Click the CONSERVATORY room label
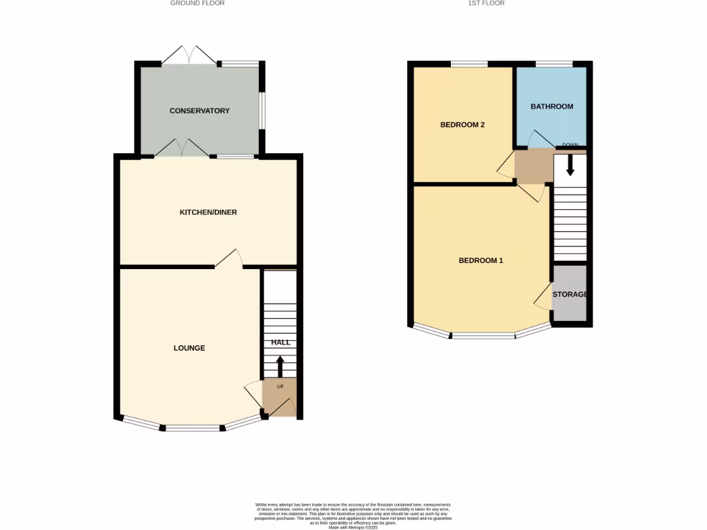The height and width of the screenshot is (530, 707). point(200,110)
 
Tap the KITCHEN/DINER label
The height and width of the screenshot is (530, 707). point(208,212)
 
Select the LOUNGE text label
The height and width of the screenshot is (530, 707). point(189,348)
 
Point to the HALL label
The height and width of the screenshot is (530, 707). point(280,342)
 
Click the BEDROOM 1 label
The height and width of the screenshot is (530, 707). point(481,260)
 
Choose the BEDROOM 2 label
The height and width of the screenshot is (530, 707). point(463,125)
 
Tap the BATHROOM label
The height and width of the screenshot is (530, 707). point(552,106)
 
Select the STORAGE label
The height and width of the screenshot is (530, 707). point(570,294)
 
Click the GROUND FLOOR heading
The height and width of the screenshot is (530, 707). point(197,3)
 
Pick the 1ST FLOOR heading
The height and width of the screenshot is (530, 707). point(487,3)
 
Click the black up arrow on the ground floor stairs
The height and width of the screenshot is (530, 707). point(280,366)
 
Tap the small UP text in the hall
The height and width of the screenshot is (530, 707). point(280,386)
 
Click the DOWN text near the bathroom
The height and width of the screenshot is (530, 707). point(570,145)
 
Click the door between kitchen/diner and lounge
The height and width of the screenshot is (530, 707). point(229,258)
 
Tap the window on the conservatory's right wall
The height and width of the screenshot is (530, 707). point(262,110)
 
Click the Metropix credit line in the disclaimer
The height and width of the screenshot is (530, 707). point(353,527)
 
